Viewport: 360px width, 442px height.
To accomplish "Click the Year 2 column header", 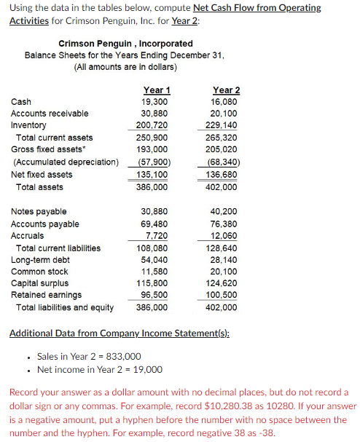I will click(225, 90).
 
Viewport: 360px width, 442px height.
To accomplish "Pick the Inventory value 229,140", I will click(223, 125).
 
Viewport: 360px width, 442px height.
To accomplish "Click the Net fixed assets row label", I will click(42, 174).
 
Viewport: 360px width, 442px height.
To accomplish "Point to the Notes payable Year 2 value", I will click(224, 212).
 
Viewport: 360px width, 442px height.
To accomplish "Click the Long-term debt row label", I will click(40, 260).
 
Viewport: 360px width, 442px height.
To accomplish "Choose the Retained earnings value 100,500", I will click(222, 295).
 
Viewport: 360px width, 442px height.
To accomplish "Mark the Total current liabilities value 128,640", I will click(222, 248).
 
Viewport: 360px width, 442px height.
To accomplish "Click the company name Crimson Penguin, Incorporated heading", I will click(125, 44).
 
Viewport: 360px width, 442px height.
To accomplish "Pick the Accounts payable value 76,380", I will click(223, 224).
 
